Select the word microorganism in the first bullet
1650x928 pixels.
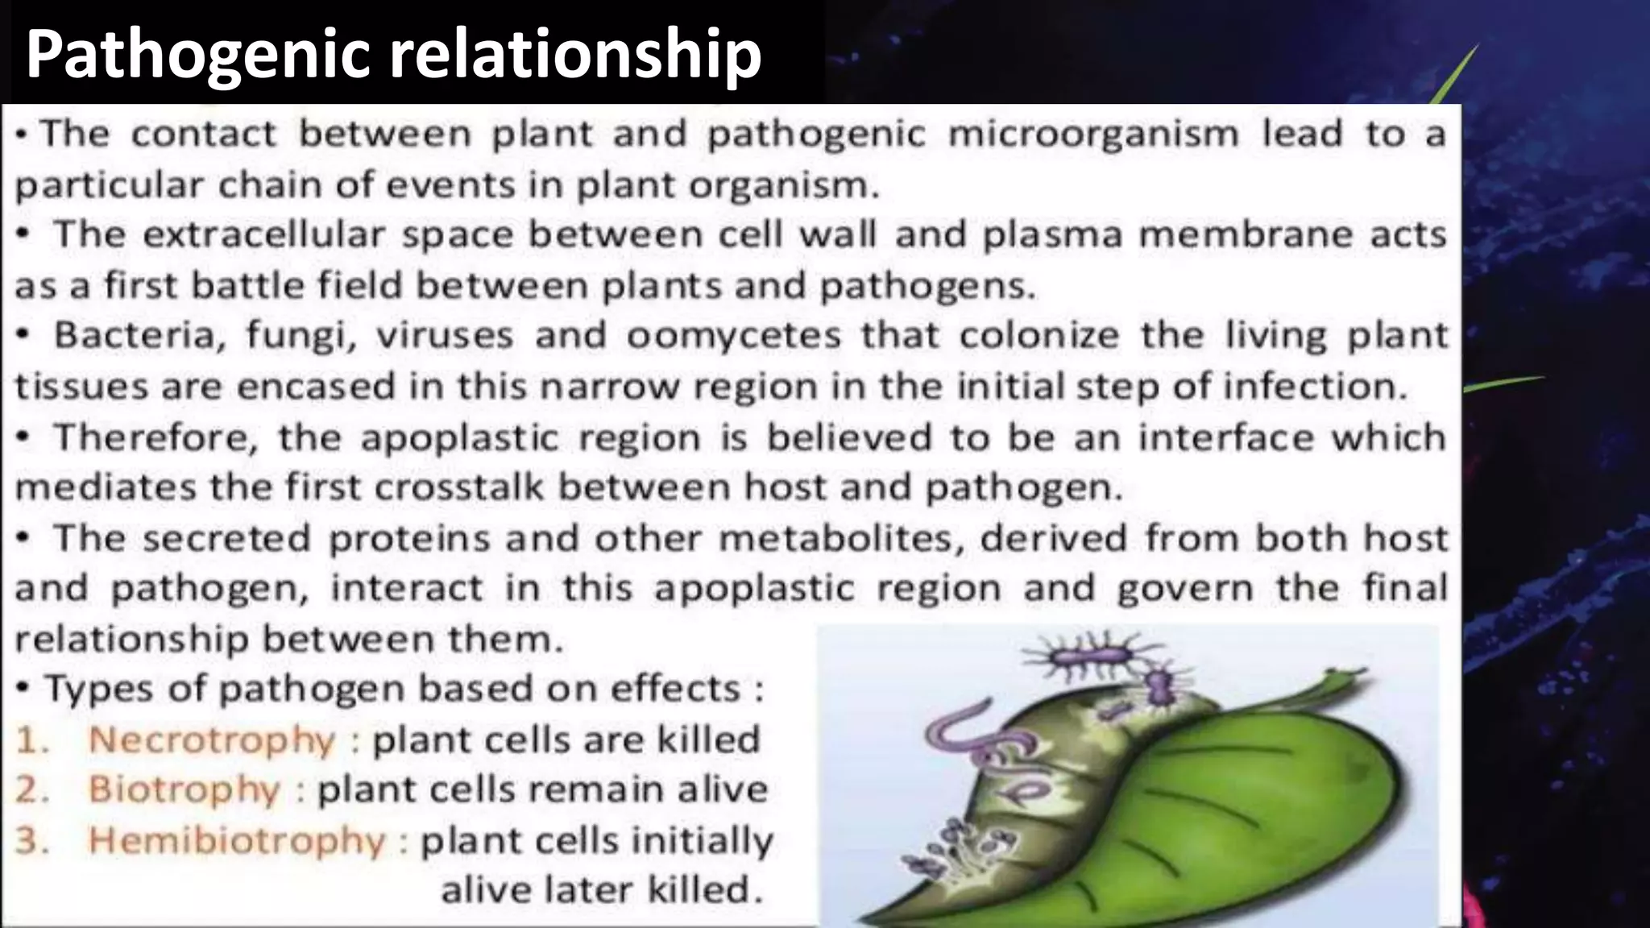click(1093, 134)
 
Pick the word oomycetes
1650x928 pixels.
click(734, 335)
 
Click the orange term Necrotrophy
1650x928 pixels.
click(212, 739)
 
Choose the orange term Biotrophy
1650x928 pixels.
click(184, 789)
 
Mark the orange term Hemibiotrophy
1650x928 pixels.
click(237, 840)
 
